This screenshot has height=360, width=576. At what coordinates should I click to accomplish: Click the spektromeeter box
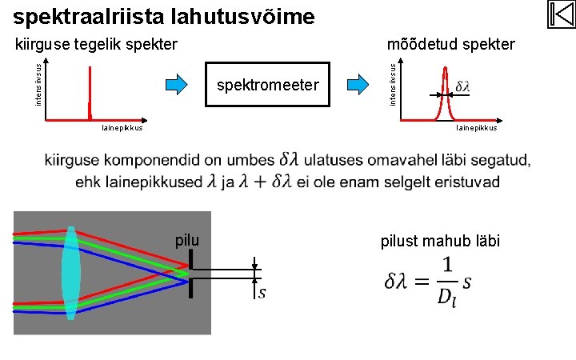[x=267, y=85]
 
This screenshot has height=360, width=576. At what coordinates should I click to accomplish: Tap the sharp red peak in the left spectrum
[x=90, y=92]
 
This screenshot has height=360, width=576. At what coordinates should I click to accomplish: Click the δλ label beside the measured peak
[x=462, y=86]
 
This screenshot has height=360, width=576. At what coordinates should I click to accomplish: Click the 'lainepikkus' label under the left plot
[x=122, y=128]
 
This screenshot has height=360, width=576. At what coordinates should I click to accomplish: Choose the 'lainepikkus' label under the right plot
[x=477, y=128]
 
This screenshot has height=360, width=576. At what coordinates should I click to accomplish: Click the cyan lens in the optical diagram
[x=71, y=273]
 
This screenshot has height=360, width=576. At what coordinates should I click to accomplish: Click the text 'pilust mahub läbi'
[x=441, y=241]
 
